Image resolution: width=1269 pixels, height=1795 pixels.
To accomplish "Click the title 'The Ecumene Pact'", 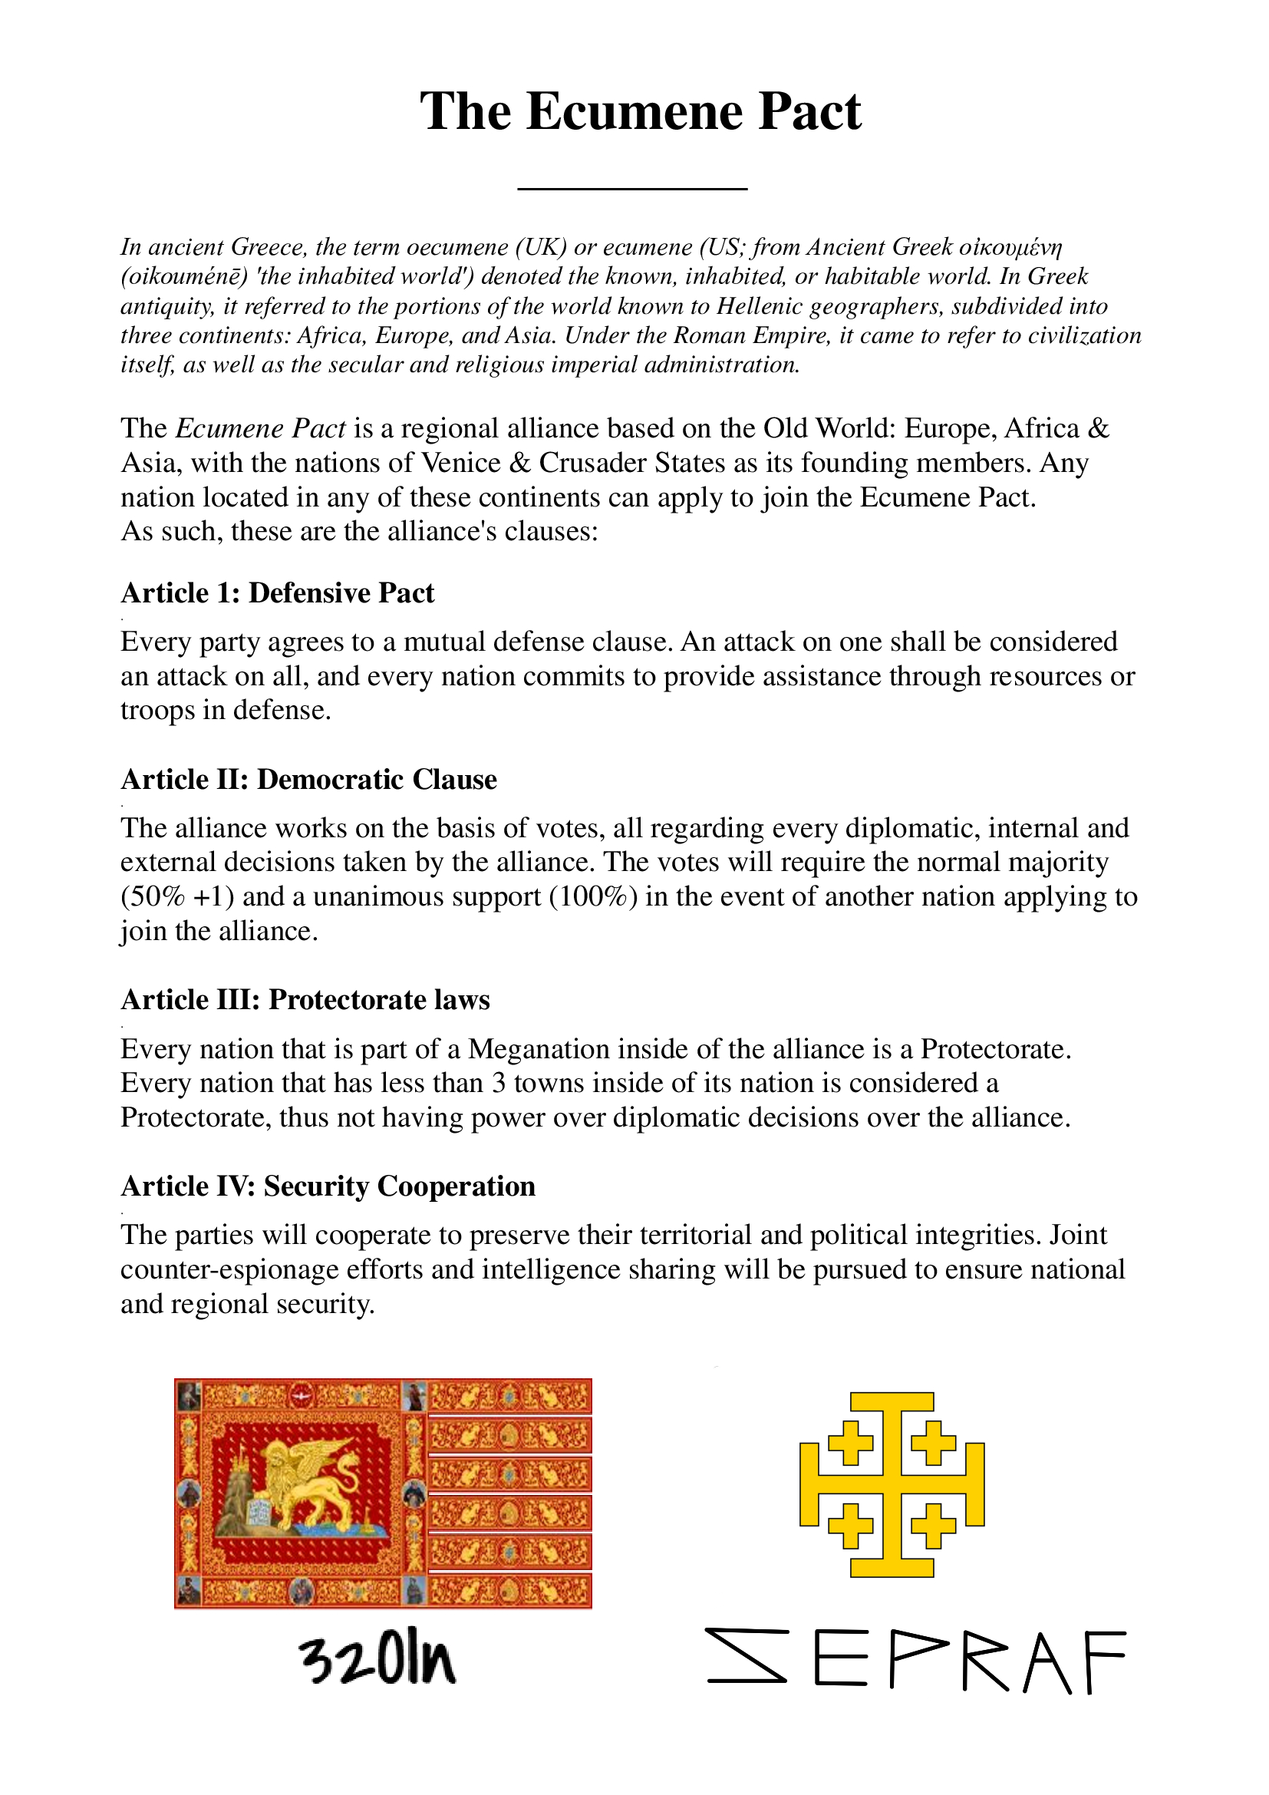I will coord(640,111).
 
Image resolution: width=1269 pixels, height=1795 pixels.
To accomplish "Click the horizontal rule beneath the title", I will coord(632,189).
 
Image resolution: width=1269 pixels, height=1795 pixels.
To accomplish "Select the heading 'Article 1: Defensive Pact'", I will coord(278,592).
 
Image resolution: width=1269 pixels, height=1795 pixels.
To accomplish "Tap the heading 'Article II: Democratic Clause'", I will coord(308,779).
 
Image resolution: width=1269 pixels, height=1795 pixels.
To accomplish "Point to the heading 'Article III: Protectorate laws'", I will coord(305,999).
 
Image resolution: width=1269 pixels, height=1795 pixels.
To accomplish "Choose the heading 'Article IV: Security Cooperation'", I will coord(328,1185).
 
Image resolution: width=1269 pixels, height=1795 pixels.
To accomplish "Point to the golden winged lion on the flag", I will coord(312,1480).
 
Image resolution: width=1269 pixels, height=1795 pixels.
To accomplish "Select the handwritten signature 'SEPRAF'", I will coord(916,1660).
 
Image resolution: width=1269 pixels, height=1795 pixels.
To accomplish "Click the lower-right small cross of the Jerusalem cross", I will coord(933,1526).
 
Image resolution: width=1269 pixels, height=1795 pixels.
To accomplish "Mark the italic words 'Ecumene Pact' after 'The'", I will coord(261,428).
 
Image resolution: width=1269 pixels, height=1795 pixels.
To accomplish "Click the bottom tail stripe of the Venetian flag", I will coord(509,1590).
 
